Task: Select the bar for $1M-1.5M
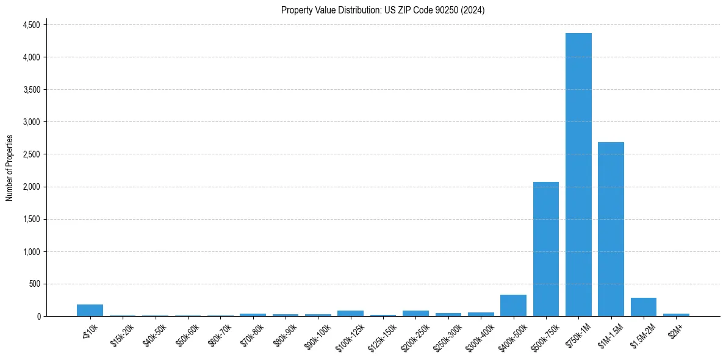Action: pyautogui.click(x=611, y=229)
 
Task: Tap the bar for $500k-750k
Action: pyautogui.click(x=546, y=249)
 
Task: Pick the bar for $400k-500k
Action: pyautogui.click(x=513, y=306)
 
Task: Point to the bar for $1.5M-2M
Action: pyautogui.click(x=643, y=307)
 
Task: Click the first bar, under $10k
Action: pyautogui.click(x=90, y=310)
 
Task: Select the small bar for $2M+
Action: pyautogui.click(x=676, y=315)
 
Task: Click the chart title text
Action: pyautogui.click(x=383, y=10)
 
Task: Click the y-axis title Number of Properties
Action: pyautogui.click(x=10, y=168)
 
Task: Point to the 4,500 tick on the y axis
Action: pyautogui.click(x=31, y=25)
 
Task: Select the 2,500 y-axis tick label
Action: pyautogui.click(x=31, y=154)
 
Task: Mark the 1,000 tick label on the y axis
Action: pyautogui.click(x=31, y=251)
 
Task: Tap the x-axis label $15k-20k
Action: pyautogui.click(x=122, y=335)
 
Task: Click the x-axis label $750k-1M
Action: pyautogui.click(x=578, y=335)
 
